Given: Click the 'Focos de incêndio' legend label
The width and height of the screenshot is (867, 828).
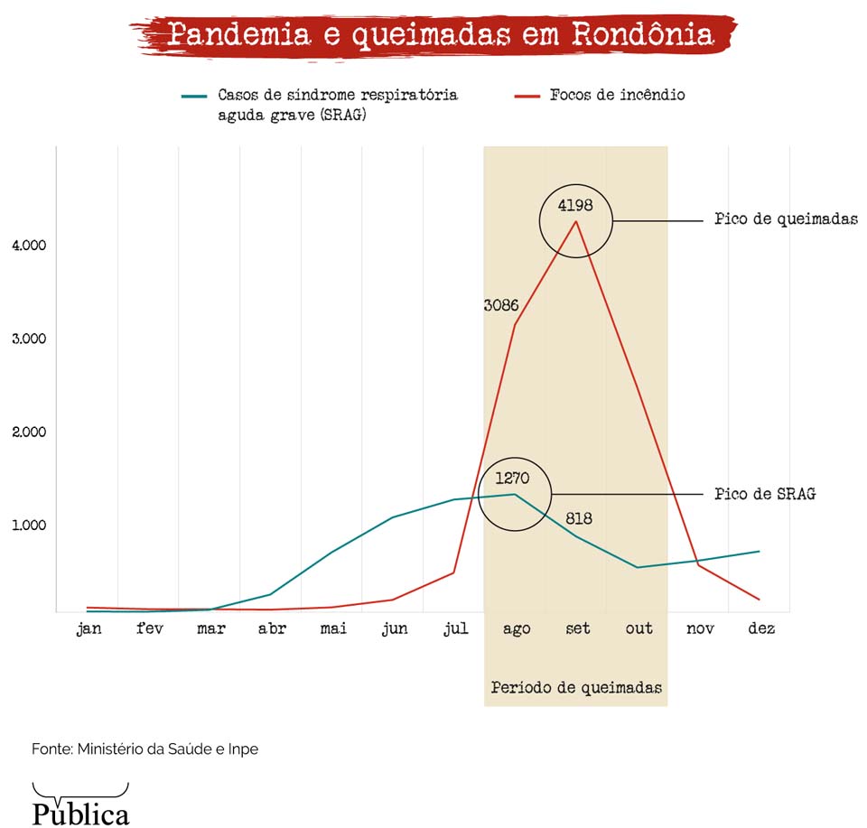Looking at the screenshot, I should [617, 95].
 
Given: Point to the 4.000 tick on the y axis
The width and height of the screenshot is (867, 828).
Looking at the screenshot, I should [29, 246].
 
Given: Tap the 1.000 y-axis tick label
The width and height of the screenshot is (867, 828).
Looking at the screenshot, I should [29, 526].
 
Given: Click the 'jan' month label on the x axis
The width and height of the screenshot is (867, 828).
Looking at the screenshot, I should [89, 628].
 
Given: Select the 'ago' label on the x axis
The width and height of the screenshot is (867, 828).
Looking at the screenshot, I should [516, 628].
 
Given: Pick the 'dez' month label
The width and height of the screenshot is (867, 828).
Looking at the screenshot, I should [760, 628].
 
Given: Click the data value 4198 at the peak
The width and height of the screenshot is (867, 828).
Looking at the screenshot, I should [575, 205].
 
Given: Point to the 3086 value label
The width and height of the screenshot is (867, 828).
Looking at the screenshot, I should [500, 305].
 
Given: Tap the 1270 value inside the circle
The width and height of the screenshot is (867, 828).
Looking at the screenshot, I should [512, 478].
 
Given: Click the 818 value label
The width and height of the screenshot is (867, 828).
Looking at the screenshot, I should [579, 518].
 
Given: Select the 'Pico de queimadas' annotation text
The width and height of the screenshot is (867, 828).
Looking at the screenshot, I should [786, 219].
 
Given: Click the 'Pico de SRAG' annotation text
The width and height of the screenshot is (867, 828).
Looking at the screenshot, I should [764, 494].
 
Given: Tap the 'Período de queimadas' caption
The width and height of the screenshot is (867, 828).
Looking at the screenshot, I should [576, 688].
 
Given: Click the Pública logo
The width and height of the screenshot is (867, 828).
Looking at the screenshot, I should [80, 805].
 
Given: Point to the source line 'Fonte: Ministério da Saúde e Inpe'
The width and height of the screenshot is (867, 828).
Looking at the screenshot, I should [144, 749].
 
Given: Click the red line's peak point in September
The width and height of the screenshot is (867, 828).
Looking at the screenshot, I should [576, 222].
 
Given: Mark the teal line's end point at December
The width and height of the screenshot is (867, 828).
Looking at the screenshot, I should [760, 552].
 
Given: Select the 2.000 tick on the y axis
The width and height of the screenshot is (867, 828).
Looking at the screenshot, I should [29, 432].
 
